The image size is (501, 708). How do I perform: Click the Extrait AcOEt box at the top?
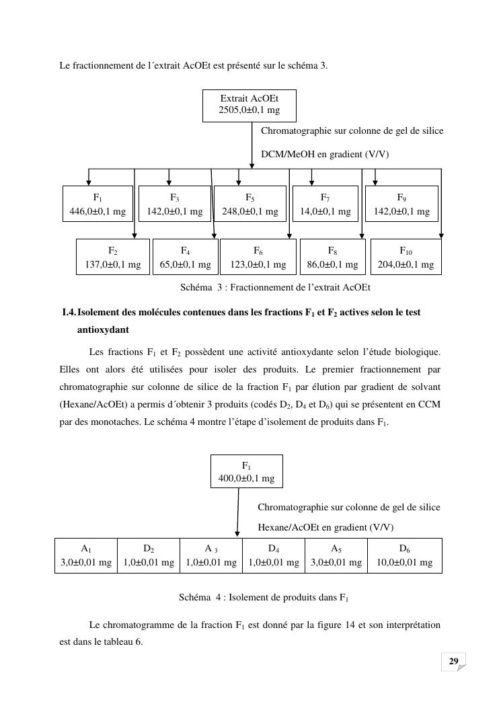coord(249,104)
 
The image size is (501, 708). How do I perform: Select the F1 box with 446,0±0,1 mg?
coord(98,204)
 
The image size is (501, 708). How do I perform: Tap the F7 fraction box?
coord(325,204)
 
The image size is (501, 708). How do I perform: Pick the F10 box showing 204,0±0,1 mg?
coord(406,257)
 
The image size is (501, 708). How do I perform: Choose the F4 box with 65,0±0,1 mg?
coord(185,257)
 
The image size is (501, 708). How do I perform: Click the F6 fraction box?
coord(258,257)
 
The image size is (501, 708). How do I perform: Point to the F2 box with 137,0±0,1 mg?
coord(112,257)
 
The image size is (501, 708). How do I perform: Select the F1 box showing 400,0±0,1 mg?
coord(246,471)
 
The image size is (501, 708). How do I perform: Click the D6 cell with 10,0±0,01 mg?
coord(404,555)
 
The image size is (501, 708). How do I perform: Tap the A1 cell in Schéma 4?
coord(85,555)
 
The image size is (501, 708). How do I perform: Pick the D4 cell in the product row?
coord(273,555)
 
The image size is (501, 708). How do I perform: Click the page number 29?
coord(453,662)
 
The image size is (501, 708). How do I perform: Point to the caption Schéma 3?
coord(275,288)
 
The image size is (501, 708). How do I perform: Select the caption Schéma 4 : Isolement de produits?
coord(263,597)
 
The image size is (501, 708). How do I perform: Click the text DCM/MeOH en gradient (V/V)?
coord(324,155)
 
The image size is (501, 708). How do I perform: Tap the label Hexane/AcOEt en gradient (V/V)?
coord(325,527)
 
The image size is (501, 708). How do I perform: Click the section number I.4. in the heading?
coord(68,313)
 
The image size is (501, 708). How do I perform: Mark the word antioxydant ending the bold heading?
coord(103,330)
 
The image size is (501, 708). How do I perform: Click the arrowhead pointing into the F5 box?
coord(239,182)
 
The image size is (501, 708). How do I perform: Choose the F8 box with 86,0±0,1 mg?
coord(332,257)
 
